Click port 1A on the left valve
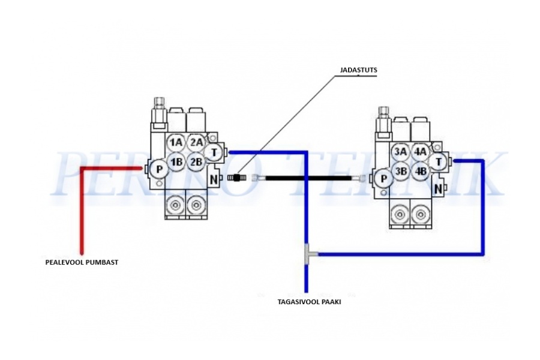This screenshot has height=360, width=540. [x=175, y=143]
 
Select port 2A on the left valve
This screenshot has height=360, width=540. [x=196, y=143]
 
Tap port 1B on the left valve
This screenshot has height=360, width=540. [x=175, y=162]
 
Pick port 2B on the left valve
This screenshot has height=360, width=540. [x=196, y=162]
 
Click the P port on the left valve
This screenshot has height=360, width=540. [x=158, y=169]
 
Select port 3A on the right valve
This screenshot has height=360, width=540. [x=400, y=152]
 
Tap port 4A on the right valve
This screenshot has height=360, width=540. [x=420, y=152]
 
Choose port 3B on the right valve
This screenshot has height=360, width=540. [x=400, y=171]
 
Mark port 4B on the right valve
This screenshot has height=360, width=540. [x=420, y=171]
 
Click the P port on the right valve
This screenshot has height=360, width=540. [x=383, y=178]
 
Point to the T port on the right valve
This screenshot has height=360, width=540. [x=439, y=161]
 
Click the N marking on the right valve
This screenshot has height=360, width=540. [x=439, y=188]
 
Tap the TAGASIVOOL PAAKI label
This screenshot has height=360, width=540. [x=309, y=302]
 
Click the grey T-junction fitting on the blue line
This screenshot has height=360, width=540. [x=310, y=254]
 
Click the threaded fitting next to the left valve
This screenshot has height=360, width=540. [x=238, y=178]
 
